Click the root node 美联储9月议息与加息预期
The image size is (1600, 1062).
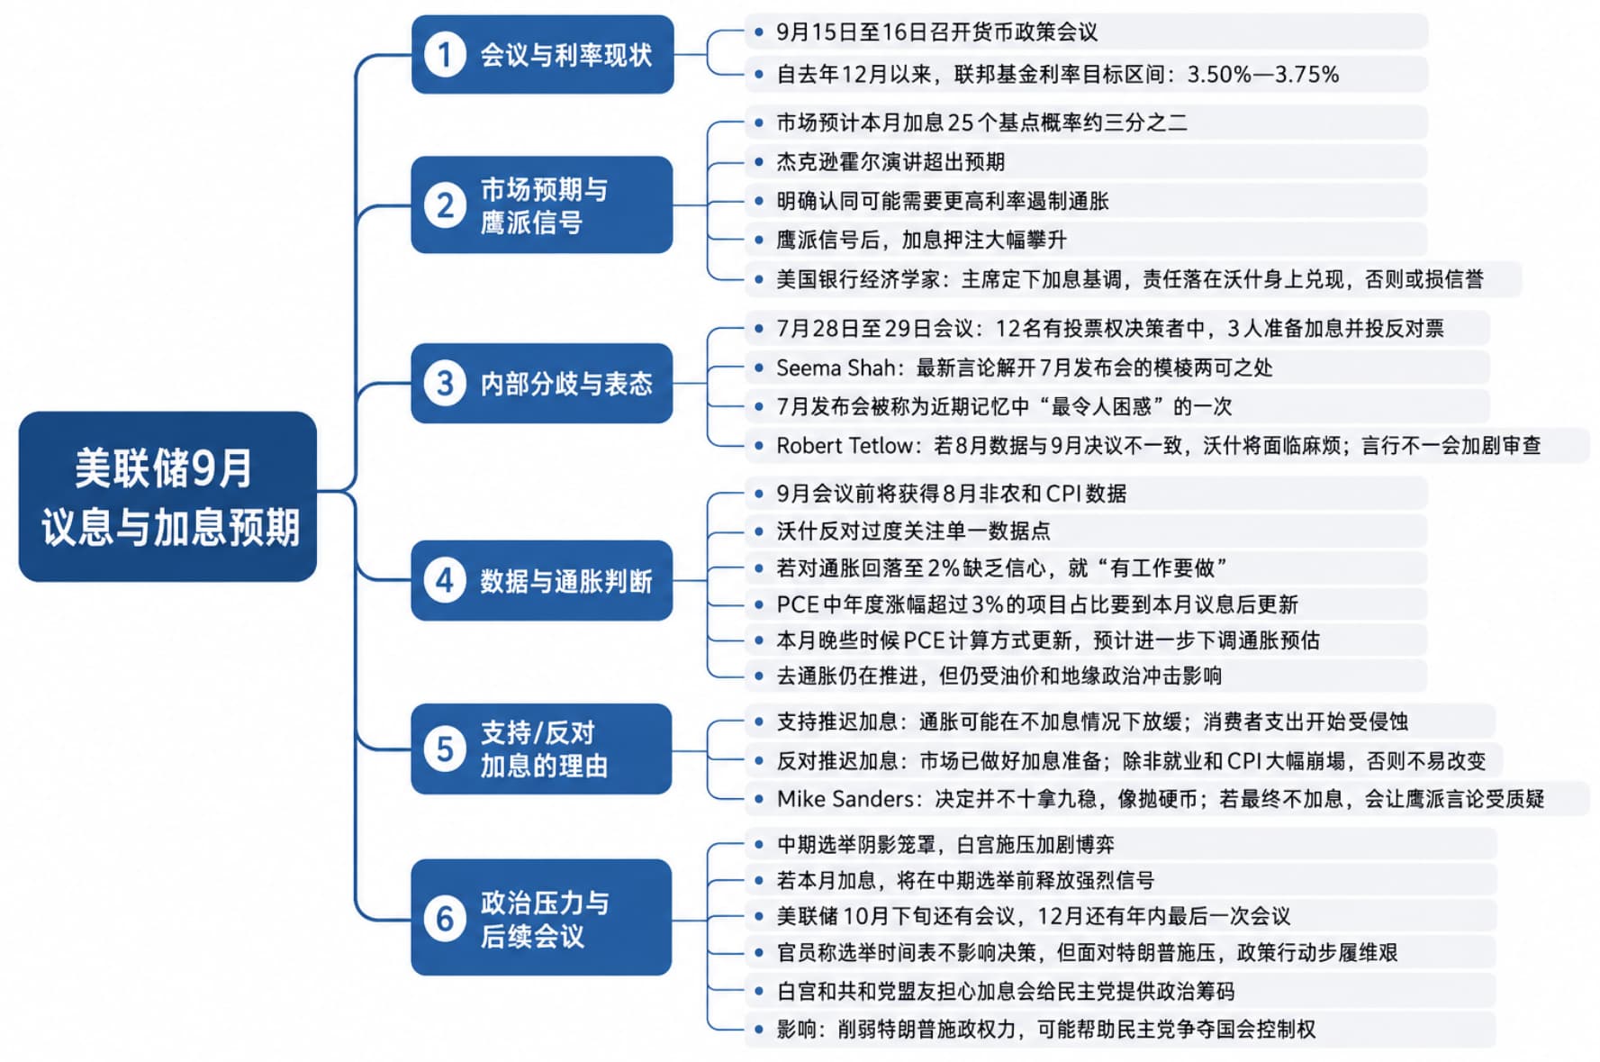click(x=167, y=496)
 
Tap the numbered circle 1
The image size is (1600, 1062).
click(x=445, y=55)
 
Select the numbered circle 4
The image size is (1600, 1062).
click(x=445, y=581)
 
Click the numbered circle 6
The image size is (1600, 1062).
click(x=445, y=918)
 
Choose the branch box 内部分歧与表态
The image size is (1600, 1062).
click(x=542, y=384)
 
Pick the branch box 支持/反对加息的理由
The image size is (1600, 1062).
click(x=541, y=749)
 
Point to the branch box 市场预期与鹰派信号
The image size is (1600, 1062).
click(x=542, y=204)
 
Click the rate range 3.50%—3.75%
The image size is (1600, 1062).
click(x=1263, y=75)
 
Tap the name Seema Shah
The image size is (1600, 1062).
click(x=836, y=368)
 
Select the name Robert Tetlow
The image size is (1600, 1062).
click(x=845, y=446)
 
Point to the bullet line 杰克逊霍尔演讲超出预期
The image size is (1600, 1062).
click(x=890, y=162)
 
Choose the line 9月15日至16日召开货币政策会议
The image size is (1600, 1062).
click(x=937, y=32)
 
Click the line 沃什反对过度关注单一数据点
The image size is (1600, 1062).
click(x=913, y=531)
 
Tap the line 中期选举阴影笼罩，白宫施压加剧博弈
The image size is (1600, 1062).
click(x=945, y=845)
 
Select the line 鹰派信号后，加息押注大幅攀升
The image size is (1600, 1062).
click(x=922, y=241)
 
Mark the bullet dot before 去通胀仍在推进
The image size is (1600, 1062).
click(x=759, y=676)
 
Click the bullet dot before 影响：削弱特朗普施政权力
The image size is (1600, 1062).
click(x=759, y=1029)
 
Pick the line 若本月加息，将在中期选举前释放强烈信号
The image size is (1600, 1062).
click(x=965, y=881)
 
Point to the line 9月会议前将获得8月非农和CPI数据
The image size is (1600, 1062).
click(x=952, y=494)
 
